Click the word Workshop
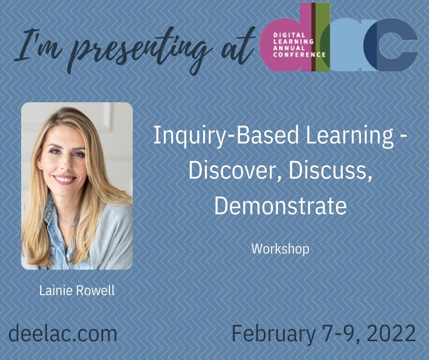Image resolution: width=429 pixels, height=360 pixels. [280, 249]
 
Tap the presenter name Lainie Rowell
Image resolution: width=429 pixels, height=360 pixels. [77, 291]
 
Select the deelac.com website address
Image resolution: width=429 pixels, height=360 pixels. [63, 334]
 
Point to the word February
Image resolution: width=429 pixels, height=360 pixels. [273, 334]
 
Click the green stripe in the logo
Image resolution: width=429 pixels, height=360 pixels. [322, 37]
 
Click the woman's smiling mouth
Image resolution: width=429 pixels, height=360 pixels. [65, 179]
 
